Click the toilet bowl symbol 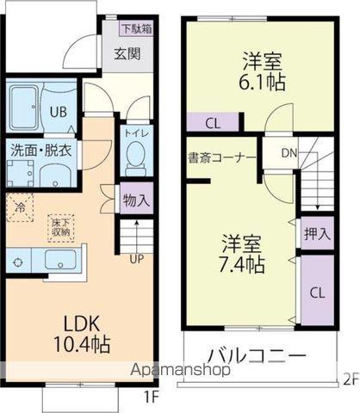pos(135,158)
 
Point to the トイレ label pos(135,133)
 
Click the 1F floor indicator pos(150,397)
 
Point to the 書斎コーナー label pos(221,157)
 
